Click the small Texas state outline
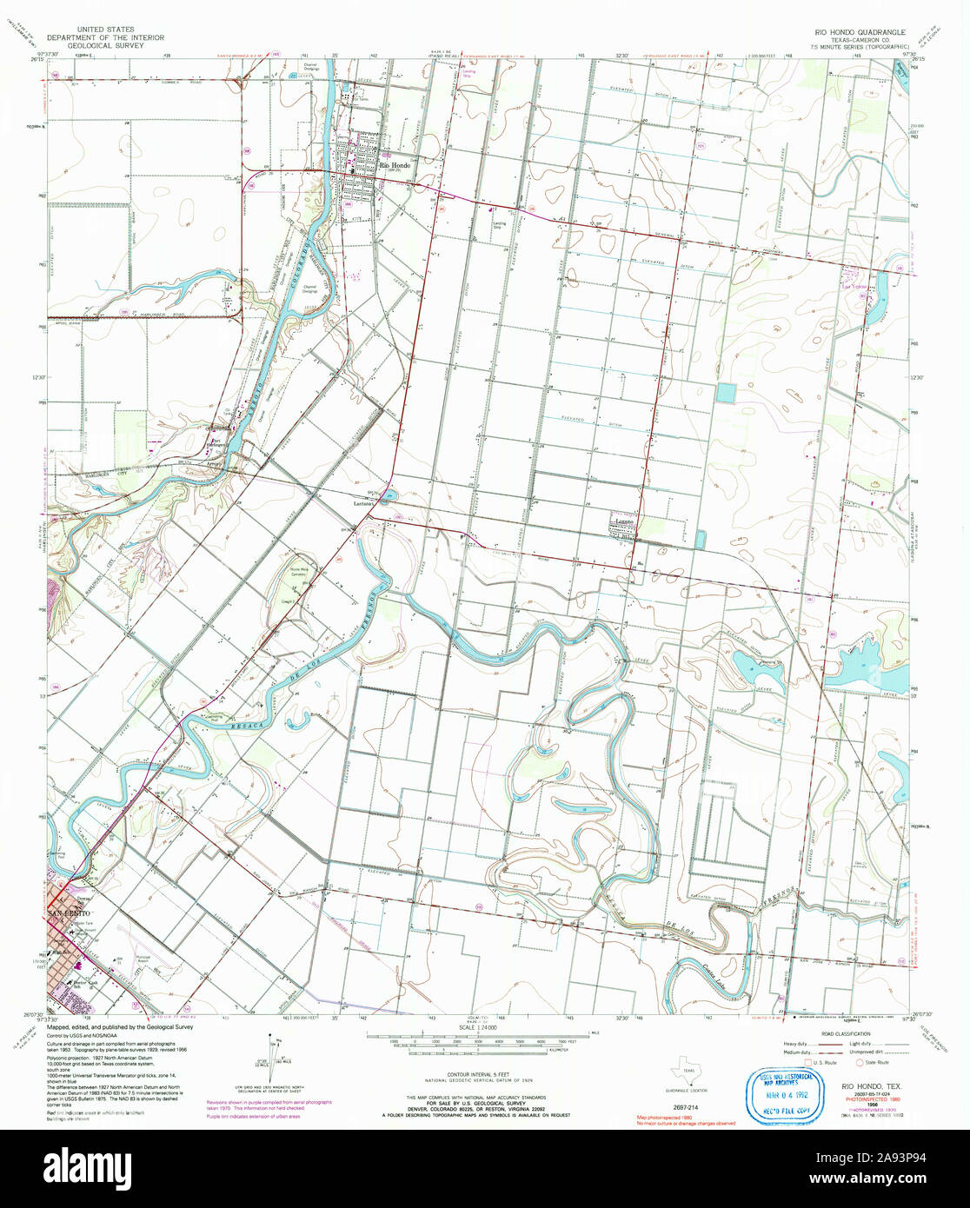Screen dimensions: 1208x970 pos(688,1062)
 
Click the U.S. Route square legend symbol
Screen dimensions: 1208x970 pos(807,1062)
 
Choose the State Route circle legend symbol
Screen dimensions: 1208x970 pos(860,1062)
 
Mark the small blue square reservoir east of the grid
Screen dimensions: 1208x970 pos(724,393)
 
